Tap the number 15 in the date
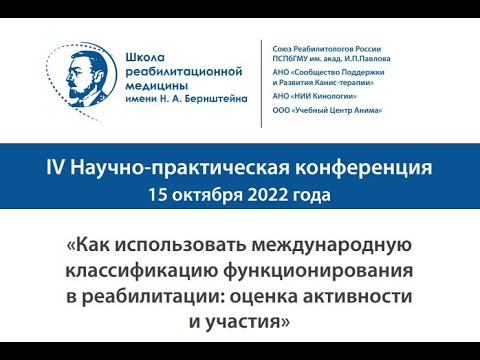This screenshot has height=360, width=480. (x=156, y=189)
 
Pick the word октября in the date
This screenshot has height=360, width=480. (x=203, y=189)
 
